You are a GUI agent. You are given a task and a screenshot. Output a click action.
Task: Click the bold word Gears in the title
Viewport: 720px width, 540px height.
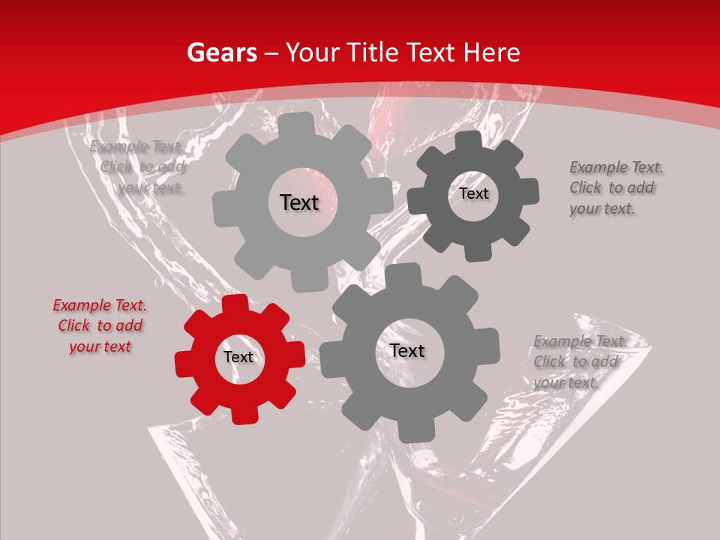(x=221, y=52)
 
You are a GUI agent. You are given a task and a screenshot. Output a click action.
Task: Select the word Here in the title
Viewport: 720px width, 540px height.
(x=493, y=52)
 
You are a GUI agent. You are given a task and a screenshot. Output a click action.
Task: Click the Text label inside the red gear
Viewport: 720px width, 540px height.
(x=238, y=358)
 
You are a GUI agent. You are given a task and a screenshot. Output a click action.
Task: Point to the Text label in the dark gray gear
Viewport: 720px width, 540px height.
(x=473, y=193)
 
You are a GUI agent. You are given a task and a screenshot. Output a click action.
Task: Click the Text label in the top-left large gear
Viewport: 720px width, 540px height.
(x=299, y=202)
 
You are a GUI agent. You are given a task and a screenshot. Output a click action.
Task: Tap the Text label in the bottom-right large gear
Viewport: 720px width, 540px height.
(x=407, y=351)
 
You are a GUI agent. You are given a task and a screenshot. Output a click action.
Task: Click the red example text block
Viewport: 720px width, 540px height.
(x=100, y=325)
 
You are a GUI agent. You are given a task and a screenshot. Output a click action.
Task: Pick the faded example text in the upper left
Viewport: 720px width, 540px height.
(x=139, y=166)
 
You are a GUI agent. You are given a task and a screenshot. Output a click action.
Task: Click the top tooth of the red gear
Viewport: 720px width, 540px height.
(x=235, y=304)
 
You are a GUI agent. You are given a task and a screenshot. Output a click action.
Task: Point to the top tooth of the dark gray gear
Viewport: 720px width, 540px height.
(x=469, y=140)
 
